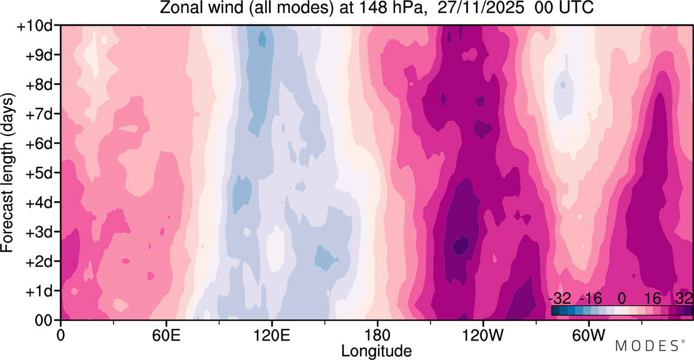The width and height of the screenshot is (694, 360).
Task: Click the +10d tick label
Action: pos(35,27)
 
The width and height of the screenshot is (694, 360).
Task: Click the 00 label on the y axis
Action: pos(44,321)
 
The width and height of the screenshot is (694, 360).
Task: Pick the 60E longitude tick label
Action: pos(166,335)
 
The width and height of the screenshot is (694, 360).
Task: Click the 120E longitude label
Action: pos(272,335)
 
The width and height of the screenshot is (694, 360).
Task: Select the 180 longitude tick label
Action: pos(377,335)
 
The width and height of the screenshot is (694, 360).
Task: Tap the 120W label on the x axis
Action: pos(483,335)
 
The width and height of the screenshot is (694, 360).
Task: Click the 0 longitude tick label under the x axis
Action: pos(61,335)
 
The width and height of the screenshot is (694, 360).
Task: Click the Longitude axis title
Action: pos(376,351)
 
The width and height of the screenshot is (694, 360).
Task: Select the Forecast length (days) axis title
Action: pos(8,173)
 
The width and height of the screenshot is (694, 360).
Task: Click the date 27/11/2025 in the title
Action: pos(480,8)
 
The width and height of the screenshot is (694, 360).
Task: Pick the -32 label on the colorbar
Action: pos(560,299)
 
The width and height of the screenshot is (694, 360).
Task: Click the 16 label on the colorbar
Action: pos(653,299)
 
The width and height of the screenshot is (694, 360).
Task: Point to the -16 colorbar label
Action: pos(590,299)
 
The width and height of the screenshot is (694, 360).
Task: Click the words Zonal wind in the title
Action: pos(201,8)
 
